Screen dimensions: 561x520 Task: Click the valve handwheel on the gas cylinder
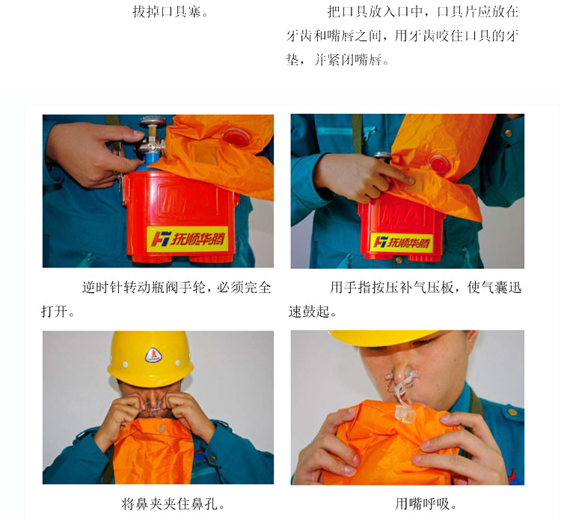point(153,122)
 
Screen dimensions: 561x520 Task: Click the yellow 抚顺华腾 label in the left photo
point(187,238)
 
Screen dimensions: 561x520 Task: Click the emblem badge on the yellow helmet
point(153,355)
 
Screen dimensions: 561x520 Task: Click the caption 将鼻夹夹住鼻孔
point(174,504)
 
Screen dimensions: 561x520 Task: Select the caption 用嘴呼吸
point(426,504)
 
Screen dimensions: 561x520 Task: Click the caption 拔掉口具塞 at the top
point(171,12)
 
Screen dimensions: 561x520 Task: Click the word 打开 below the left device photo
point(54,311)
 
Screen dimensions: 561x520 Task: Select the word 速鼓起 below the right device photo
point(309,311)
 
